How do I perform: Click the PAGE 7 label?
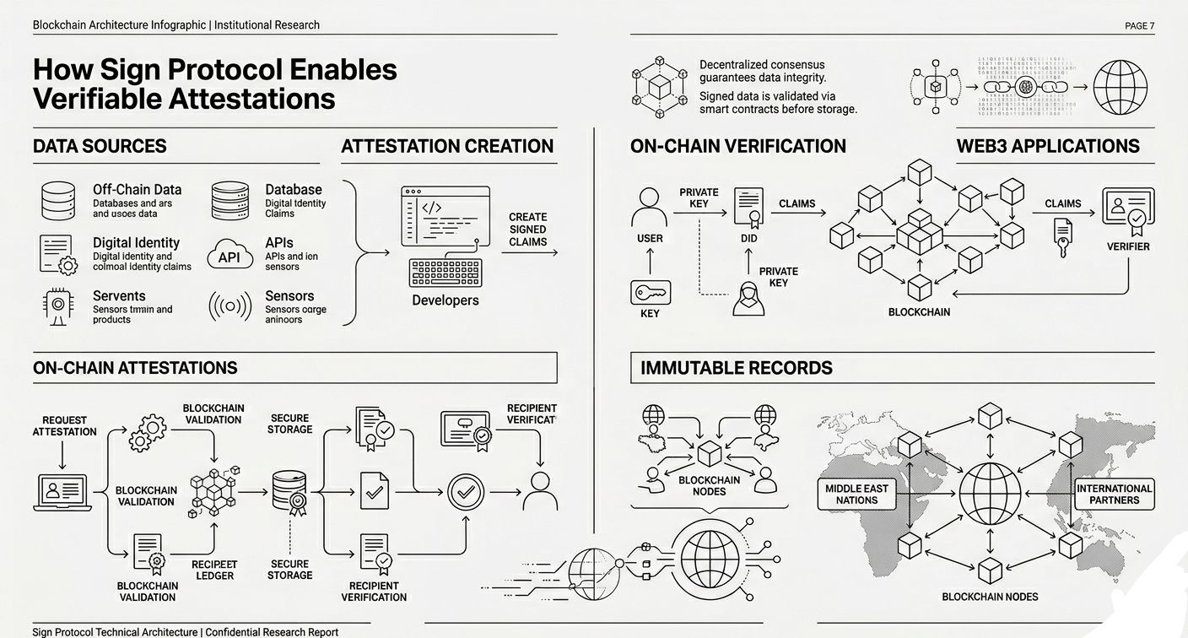coord(1139,25)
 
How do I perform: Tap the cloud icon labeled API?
coord(229,255)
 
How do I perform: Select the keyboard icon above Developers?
coord(445,273)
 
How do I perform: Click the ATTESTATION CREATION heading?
coord(447,146)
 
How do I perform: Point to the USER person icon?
coord(649,206)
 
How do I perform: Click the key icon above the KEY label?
coord(650,293)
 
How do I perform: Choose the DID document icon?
coord(748,207)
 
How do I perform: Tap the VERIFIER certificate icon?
coord(1128,212)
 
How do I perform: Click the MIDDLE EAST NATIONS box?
coord(856,495)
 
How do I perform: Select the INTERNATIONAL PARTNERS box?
coord(1114,495)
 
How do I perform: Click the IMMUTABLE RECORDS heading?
coord(737,368)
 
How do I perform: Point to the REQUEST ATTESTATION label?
coord(64,425)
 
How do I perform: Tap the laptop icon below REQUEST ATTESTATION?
coord(62,492)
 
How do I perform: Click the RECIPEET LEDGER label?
coord(214,570)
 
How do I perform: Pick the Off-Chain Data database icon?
coord(58,201)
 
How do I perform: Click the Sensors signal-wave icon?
coord(229,307)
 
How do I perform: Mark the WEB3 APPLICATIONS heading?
coord(1048,146)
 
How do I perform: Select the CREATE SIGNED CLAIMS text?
coord(528,230)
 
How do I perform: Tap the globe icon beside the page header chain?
coord(1120,87)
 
